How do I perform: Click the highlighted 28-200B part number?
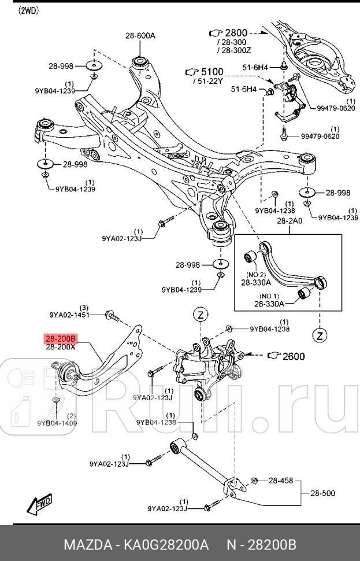pyautogui.click(x=61, y=338)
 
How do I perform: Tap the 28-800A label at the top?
pyautogui.click(x=140, y=35)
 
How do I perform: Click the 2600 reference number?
pyautogui.click(x=293, y=356)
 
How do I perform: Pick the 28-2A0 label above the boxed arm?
pyautogui.click(x=289, y=221)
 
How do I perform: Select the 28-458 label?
pyautogui.click(x=281, y=480)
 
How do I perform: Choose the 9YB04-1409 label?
pyautogui.click(x=57, y=423)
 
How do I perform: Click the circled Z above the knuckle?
pyautogui.click(x=200, y=315)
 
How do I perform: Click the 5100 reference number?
pyautogui.click(x=211, y=71)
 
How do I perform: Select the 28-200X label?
pyautogui.click(x=61, y=347)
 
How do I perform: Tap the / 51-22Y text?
pyautogui.click(x=209, y=81)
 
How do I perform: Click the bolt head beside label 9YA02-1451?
pyautogui.click(x=109, y=315)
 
